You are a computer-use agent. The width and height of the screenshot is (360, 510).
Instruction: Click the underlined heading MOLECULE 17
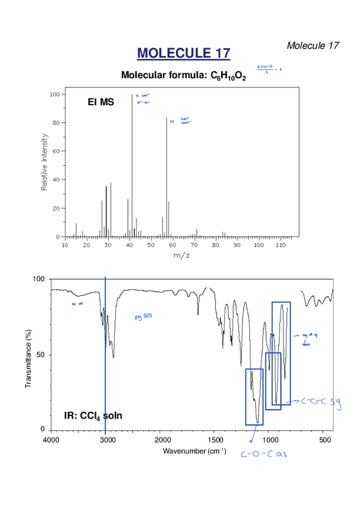click(183, 54)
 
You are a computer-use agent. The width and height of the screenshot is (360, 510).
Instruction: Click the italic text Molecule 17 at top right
click(313, 46)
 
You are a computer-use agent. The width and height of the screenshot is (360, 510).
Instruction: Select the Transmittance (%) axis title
click(28, 354)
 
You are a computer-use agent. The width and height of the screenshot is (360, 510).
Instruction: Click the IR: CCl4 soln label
click(93, 415)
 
